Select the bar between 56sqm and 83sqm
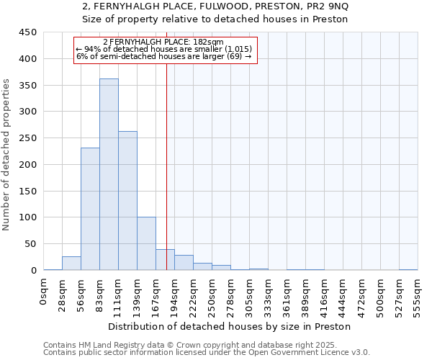90,209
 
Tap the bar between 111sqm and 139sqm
127,201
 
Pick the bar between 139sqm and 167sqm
146,243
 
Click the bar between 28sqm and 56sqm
71,263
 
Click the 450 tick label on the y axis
28,32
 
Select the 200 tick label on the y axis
28,164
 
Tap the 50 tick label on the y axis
30,243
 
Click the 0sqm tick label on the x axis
44,292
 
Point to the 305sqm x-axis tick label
249,294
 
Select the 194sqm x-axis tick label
174,294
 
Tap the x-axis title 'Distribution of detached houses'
230,326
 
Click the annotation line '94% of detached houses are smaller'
163,49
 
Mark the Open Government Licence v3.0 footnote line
206,353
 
